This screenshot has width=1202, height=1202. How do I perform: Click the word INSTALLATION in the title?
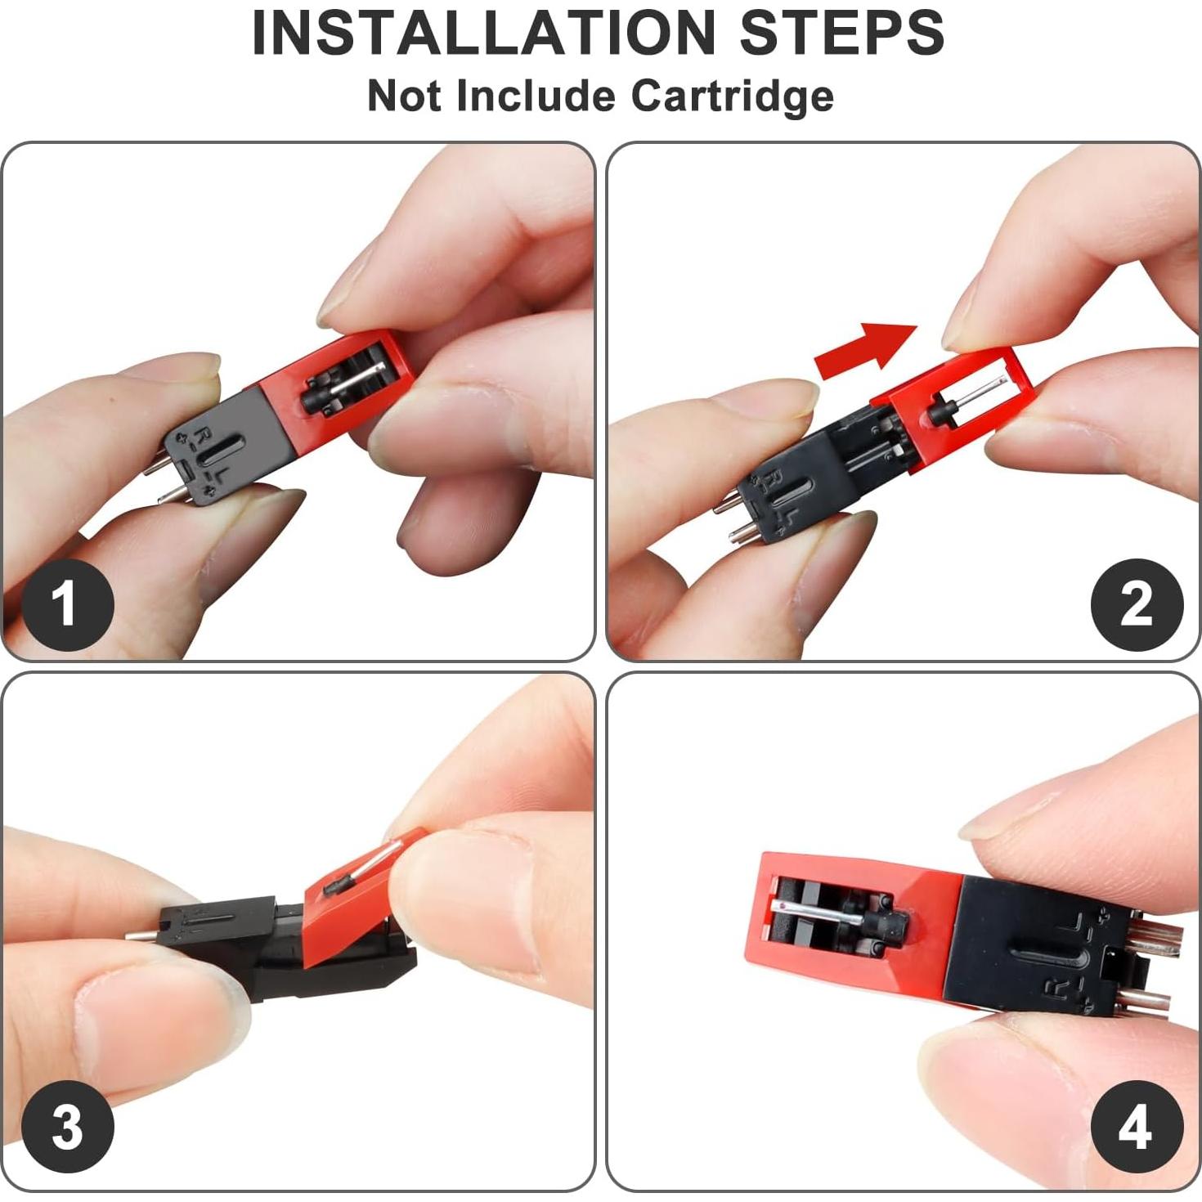tap(483, 33)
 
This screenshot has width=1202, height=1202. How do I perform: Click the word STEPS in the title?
tap(842, 33)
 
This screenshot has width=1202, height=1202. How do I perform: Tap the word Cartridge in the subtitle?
tap(733, 96)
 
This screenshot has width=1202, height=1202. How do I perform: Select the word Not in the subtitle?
tap(405, 96)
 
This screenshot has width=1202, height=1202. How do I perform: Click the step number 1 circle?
tap(67, 603)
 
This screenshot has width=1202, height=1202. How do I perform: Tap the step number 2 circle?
tap(1137, 603)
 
